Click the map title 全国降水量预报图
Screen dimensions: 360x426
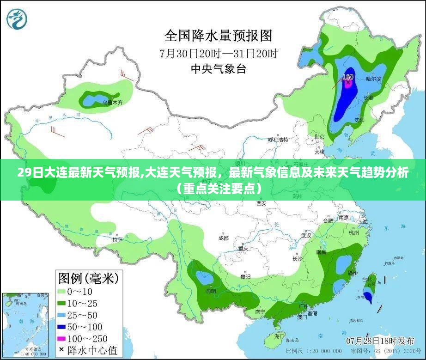(x=219, y=35)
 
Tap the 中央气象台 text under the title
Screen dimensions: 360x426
(x=219, y=69)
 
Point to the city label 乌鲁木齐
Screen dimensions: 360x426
(x=113, y=103)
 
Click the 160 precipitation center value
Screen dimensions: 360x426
(x=348, y=77)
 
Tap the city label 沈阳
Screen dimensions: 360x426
(x=359, y=120)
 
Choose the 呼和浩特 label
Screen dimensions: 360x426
(x=278, y=139)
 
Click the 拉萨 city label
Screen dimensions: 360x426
(x=117, y=240)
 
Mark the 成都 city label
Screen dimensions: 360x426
(x=223, y=238)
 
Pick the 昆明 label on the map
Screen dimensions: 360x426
(x=211, y=291)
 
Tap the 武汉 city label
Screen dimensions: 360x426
(x=306, y=235)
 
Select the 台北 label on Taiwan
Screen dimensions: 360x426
(x=367, y=279)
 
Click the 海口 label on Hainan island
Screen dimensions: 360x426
(x=280, y=336)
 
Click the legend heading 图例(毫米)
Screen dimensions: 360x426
(x=88, y=278)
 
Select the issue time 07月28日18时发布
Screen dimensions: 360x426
(x=380, y=341)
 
